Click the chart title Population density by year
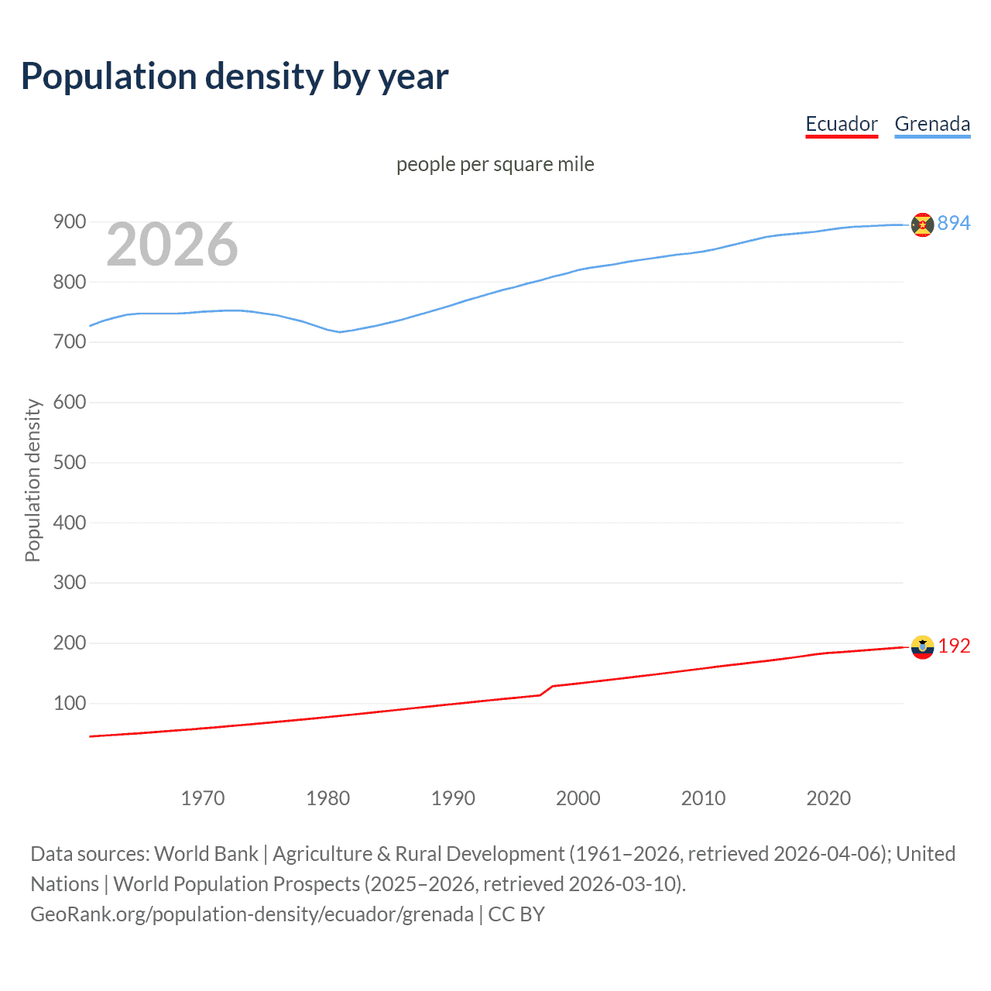click(235, 77)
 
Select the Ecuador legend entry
click(842, 124)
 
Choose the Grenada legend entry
click(932, 124)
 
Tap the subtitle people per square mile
click(495, 164)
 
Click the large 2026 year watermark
click(172, 245)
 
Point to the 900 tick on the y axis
click(69, 222)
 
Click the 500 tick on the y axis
click(69, 462)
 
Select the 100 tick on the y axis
click(69, 703)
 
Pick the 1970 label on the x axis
click(203, 798)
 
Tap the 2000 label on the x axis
click(578, 798)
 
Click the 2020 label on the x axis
click(828, 798)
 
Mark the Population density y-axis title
click(33, 480)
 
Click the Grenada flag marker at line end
click(922, 225)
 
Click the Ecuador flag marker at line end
click(922, 647)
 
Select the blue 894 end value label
click(954, 223)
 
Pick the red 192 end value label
click(954, 646)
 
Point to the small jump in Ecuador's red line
click(547, 690)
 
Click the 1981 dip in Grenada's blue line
click(339, 332)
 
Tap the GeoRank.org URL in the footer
click(252, 914)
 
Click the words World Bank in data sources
click(206, 854)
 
